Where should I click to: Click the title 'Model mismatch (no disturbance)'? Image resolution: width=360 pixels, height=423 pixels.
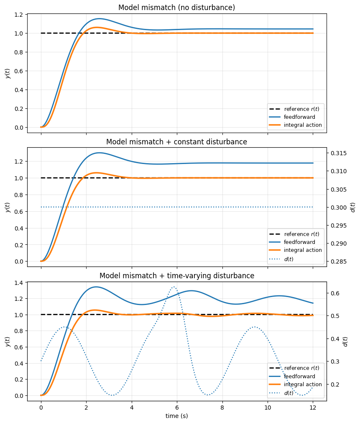tap(176, 8)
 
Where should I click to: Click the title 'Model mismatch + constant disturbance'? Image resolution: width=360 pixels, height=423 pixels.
tap(176, 142)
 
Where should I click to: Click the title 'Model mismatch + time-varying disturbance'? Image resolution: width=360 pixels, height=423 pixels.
tap(176, 276)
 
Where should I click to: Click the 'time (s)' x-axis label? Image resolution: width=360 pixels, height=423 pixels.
tap(176, 416)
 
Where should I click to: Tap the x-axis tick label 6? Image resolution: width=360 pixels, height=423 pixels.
tap(177, 407)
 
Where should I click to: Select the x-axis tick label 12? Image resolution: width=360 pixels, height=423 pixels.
tap(313, 407)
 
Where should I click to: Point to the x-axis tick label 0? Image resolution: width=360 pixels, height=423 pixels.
tap(41, 407)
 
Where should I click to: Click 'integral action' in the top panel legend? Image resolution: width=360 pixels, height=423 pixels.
tap(303, 125)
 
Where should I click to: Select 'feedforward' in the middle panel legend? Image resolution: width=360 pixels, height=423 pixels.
tap(299, 242)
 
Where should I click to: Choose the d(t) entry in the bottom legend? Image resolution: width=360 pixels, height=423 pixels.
tap(289, 393)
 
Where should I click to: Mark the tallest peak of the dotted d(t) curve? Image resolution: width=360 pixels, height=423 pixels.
tap(174, 287)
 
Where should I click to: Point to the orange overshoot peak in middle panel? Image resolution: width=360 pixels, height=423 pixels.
tap(97, 172)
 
